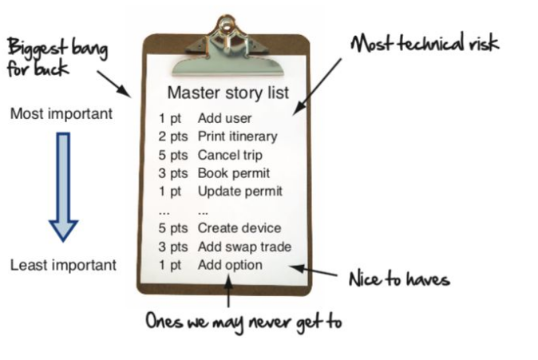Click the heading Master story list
point(227,93)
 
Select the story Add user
point(225,119)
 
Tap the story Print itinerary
point(237,136)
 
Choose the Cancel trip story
point(230,155)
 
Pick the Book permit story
point(233,173)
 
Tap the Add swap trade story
point(244,247)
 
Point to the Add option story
point(230,265)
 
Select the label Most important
point(61,114)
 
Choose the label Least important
point(63,265)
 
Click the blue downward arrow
point(63,187)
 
